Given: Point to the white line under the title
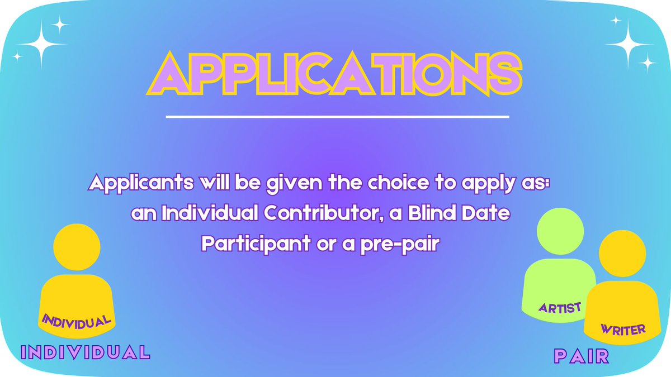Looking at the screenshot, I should tap(338, 117).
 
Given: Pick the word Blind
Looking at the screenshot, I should tap(434, 214).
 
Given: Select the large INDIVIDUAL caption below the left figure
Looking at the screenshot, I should tap(86, 352).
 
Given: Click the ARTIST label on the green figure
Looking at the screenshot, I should tap(560, 307).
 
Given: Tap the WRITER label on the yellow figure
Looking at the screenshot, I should tap(623, 329).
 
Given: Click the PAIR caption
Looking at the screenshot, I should tap(582, 356).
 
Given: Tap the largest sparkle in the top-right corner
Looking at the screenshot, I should tap(629, 43).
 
